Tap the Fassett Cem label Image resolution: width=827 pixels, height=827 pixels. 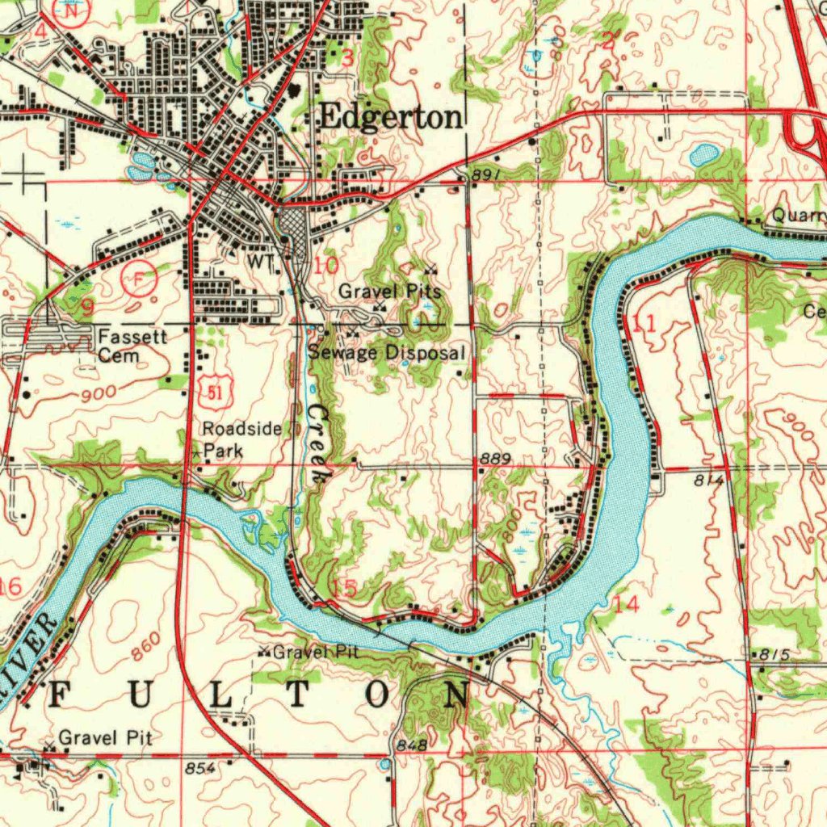click(x=132, y=346)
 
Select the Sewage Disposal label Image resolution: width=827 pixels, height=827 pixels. click(x=387, y=353)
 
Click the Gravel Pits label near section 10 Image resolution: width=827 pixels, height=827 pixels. click(x=389, y=291)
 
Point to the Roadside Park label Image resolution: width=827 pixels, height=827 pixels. click(x=241, y=439)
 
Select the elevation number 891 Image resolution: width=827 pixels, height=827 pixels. click(x=489, y=174)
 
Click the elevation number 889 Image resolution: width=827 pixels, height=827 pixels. click(x=495, y=459)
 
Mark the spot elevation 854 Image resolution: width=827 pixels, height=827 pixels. click(x=199, y=768)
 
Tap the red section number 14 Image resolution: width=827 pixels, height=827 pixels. click(x=625, y=603)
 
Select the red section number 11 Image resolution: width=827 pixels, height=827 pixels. click(x=644, y=325)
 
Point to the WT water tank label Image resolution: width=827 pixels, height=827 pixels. click(x=260, y=262)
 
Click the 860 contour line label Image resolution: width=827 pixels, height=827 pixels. click(x=145, y=646)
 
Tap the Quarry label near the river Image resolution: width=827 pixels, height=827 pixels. click(x=798, y=216)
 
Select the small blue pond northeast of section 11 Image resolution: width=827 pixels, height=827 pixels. click(x=703, y=153)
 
